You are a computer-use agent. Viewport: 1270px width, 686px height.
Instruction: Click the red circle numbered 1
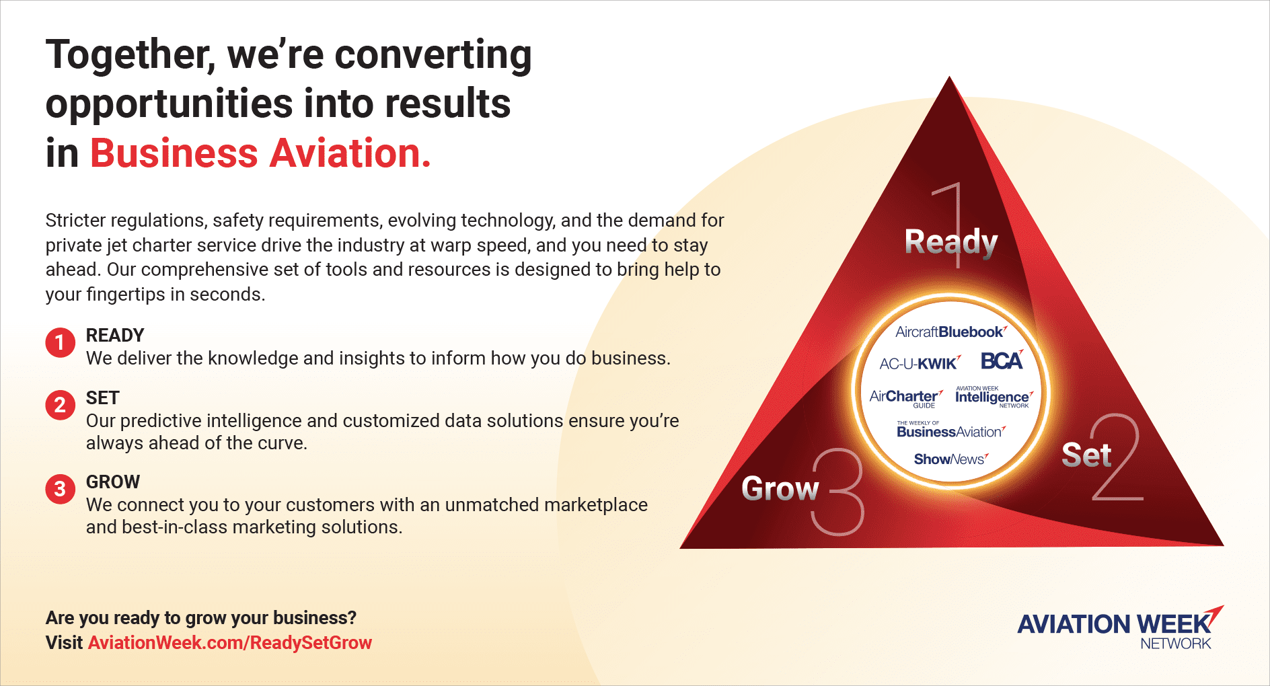tap(60, 342)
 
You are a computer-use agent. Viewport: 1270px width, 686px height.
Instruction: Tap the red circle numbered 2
tap(60, 405)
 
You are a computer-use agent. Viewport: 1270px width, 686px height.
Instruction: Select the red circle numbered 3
tap(60, 488)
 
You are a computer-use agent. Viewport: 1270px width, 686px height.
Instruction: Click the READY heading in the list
tap(115, 335)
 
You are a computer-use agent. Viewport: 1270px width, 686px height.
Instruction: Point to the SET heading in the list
tap(103, 397)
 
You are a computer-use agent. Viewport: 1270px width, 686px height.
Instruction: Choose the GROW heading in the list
tap(113, 482)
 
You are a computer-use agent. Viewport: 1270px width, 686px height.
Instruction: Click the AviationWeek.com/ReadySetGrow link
tap(230, 642)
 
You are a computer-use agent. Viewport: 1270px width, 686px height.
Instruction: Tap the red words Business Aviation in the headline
tap(260, 153)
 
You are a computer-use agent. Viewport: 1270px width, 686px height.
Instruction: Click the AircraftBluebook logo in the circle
tap(950, 332)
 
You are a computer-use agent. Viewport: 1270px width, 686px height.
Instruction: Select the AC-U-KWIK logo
tap(920, 363)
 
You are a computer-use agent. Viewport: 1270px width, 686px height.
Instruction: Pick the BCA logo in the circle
tap(1002, 360)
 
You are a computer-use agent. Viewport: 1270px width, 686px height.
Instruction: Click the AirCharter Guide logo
tap(906, 398)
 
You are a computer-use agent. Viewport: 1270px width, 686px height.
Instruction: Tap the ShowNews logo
tap(951, 459)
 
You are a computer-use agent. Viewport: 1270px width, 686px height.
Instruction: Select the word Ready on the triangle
tap(951, 243)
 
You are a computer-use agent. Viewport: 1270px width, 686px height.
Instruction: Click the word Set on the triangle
tap(1086, 455)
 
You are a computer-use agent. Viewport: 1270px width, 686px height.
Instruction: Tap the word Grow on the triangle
tap(780, 488)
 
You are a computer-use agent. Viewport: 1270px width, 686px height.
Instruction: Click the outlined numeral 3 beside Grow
tap(837, 492)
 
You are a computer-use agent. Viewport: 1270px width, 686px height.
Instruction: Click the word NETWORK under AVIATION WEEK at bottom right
tap(1176, 644)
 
